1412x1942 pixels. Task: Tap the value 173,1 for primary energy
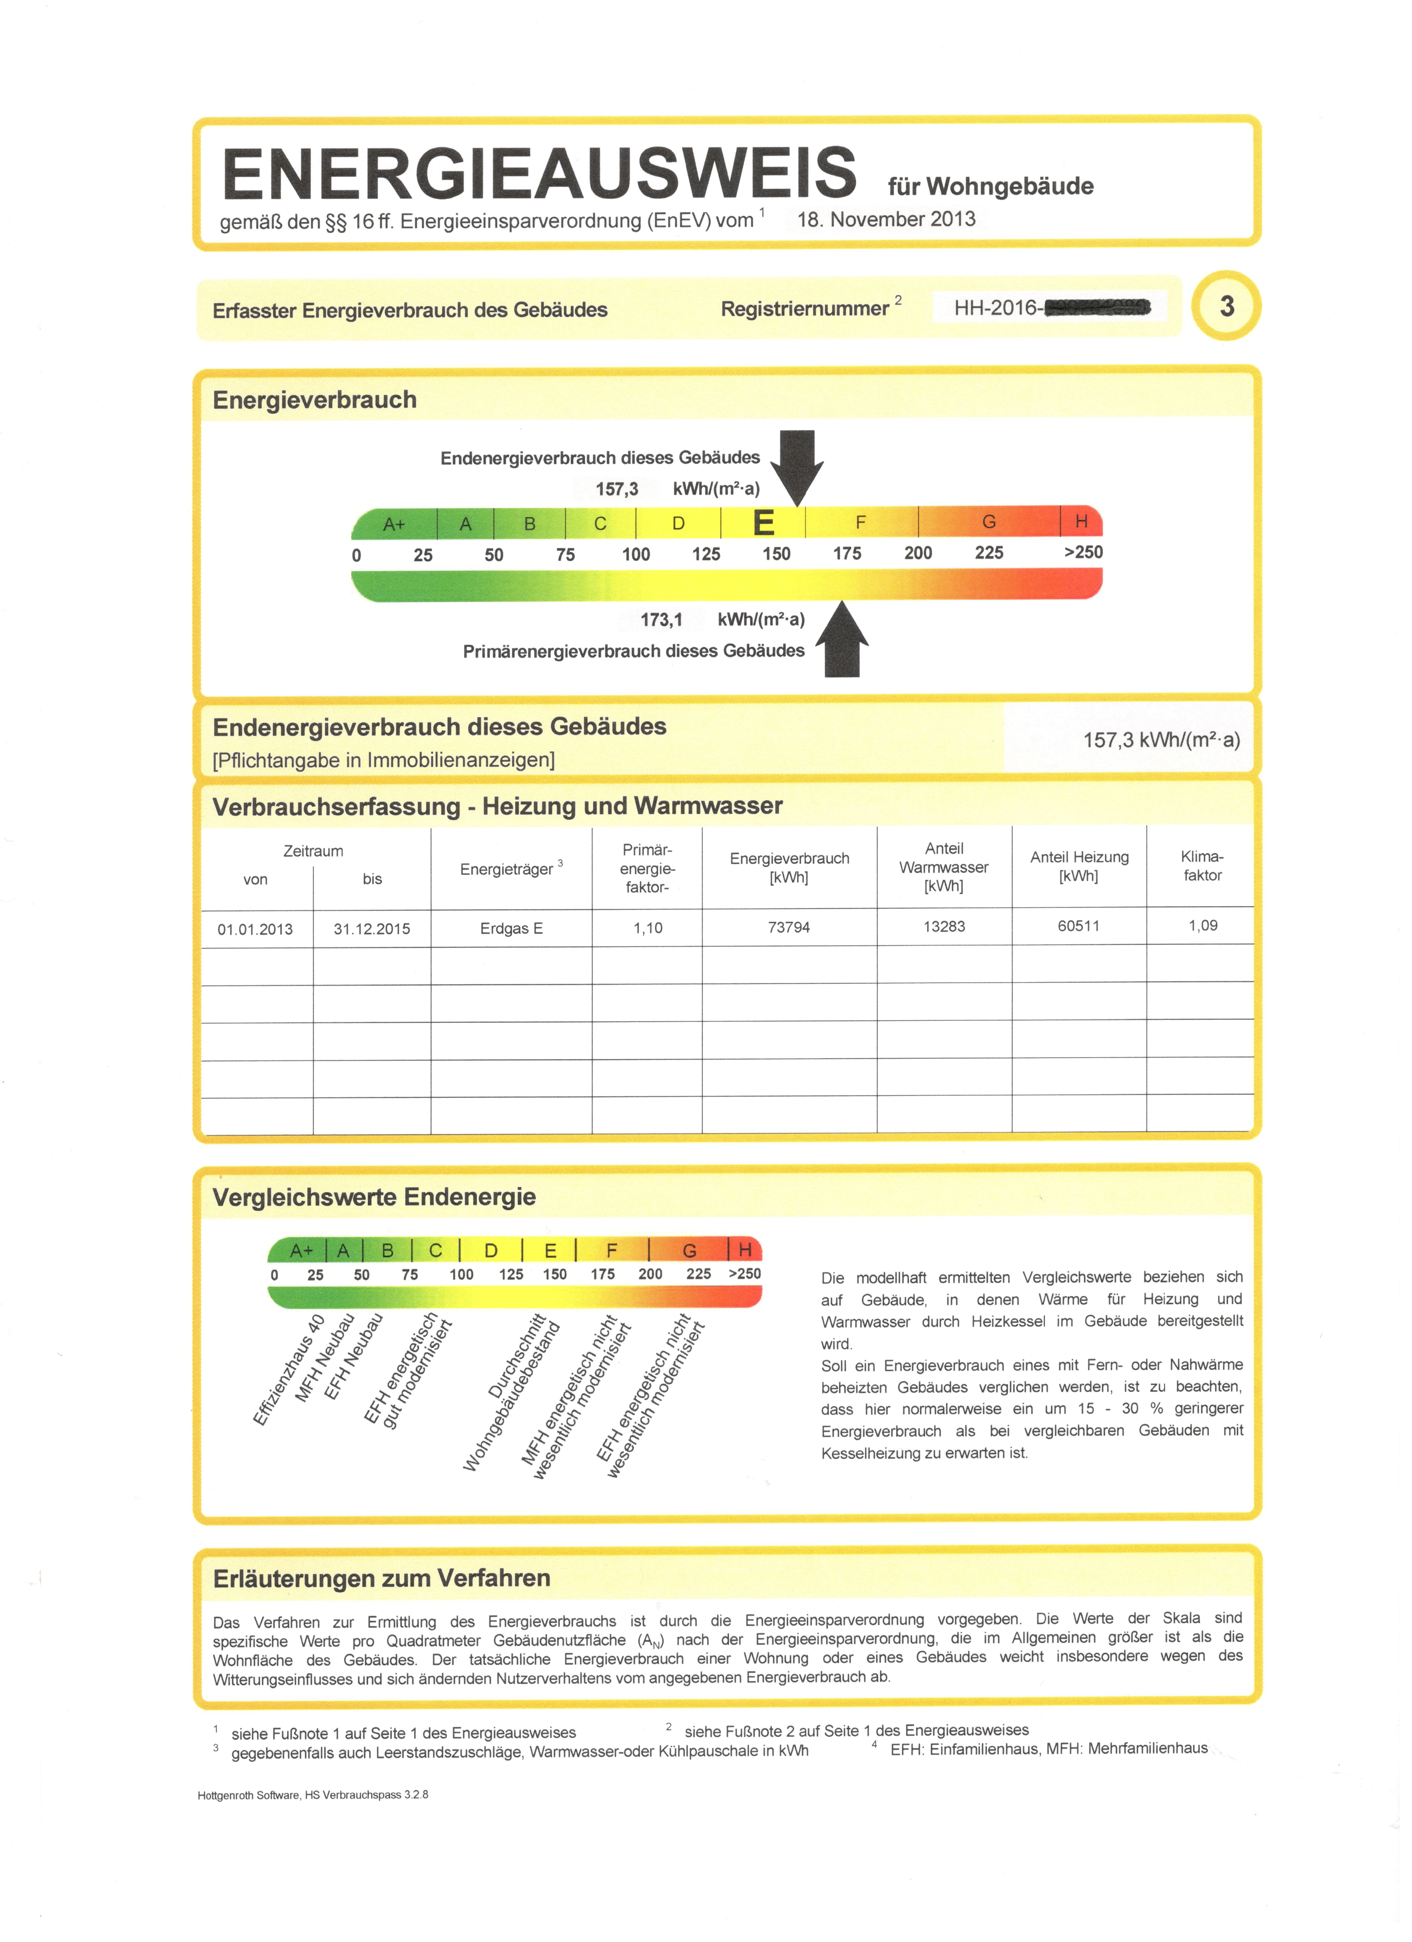[661, 619]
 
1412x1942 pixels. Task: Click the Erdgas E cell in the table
[511, 928]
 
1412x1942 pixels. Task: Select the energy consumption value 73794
[789, 927]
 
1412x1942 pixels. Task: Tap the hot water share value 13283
[944, 926]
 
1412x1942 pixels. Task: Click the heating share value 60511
[1078, 926]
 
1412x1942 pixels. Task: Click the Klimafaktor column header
[1202, 866]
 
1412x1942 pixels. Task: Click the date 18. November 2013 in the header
[886, 219]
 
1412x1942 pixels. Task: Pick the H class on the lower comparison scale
[745, 1250]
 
